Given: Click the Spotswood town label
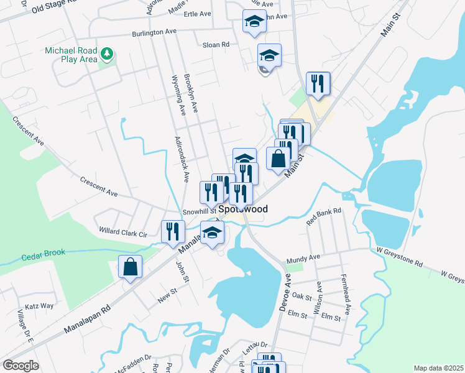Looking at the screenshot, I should coord(243,210).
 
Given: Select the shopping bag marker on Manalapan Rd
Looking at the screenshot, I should coord(131,268).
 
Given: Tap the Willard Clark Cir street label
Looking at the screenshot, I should coord(122,231).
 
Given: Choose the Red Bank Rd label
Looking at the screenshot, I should coord(325,216).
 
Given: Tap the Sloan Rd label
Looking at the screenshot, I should coord(216,45).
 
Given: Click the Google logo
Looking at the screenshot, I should coord(21,366).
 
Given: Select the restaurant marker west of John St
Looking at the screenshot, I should coord(170,231).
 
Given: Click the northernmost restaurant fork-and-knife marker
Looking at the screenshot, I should coord(318,83).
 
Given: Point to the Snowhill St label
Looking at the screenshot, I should coord(199,211).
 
